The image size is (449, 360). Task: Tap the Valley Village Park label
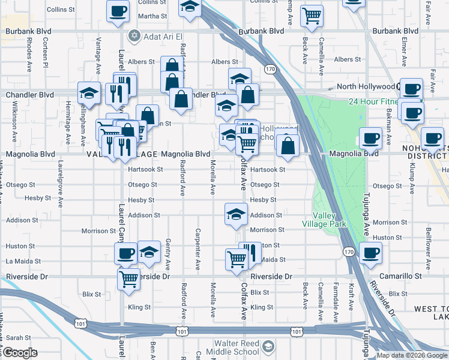point(330,220)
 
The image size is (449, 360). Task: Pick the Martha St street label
point(152,16)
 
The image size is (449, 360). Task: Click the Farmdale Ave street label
point(336,298)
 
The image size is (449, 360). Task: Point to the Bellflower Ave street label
point(429,241)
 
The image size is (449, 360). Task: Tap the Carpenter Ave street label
point(197,248)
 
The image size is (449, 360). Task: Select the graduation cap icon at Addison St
point(236,214)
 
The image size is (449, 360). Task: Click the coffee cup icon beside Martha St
point(118,10)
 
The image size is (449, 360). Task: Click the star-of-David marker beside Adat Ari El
point(134,36)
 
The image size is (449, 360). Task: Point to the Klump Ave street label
point(412,180)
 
